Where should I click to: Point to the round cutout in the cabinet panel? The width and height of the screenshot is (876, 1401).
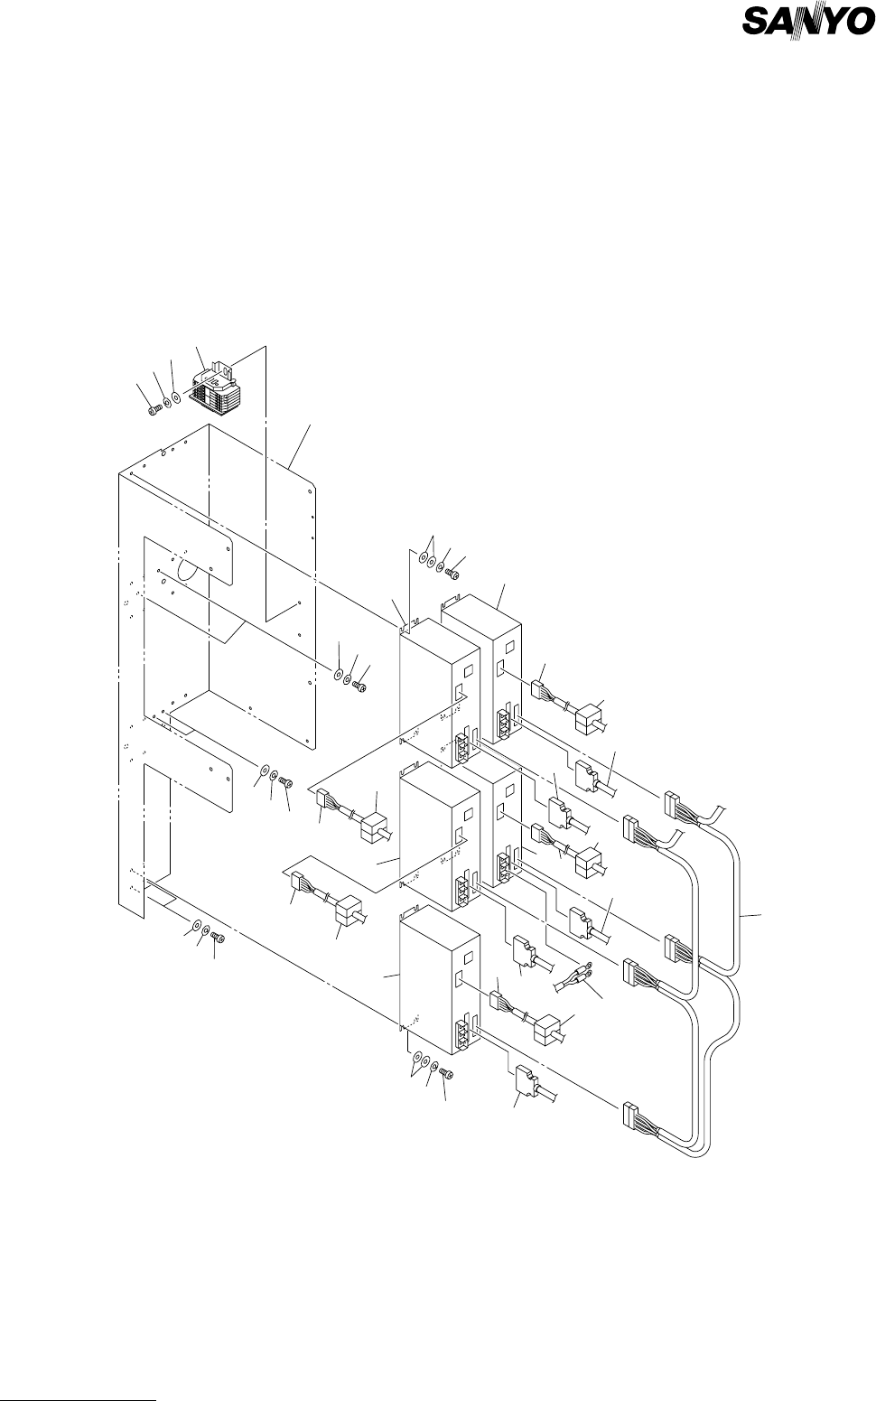coord(188,567)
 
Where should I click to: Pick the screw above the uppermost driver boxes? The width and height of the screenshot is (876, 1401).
coord(453,573)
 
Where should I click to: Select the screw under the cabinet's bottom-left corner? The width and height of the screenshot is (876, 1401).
coord(217,939)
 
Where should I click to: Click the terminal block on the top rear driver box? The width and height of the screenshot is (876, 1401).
coord(501,726)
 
